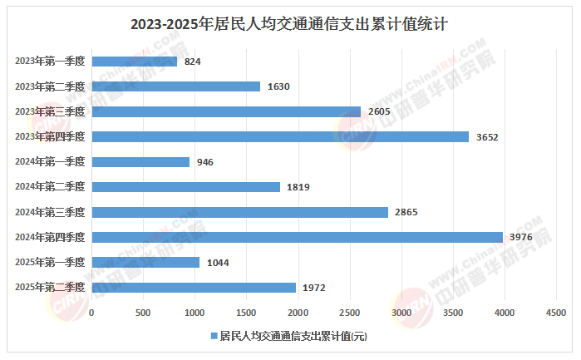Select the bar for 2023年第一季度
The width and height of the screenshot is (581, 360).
pyautogui.click(x=134, y=62)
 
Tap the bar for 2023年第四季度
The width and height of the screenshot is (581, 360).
pyautogui.click(x=280, y=136)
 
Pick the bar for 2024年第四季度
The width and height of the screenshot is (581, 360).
pyautogui.click(x=297, y=237)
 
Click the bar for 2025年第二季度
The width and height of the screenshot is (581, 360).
pyautogui.click(x=194, y=288)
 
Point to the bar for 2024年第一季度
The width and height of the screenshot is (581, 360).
pyautogui.click(x=140, y=162)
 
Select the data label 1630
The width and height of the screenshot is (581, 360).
pyautogui.click(x=278, y=86)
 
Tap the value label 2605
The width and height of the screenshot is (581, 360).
pyautogui.click(x=379, y=111)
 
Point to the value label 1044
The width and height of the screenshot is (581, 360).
pyautogui.click(x=218, y=263)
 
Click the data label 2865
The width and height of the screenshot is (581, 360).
pyautogui.click(x=406, y=212)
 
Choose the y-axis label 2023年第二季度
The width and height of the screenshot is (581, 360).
pyautogui.click(x=51, y=86)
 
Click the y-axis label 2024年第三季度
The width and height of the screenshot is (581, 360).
pyautogui.click(x=51, y=212)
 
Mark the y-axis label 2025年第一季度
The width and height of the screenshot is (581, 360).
pyautogui.click(x=51, y=263)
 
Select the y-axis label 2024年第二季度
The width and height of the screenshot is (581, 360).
pyautogui.click(x=51, y=187)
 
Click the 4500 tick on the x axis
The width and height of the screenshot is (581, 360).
pyautogui.click(x=555, y=313)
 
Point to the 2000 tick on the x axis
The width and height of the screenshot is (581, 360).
pyautogui.click(x=298, y=313)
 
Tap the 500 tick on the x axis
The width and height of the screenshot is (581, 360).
pyautogui.click(x=143, y=313)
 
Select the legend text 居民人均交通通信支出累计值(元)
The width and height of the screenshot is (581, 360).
pyautogui.click(x=293, y=336)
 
